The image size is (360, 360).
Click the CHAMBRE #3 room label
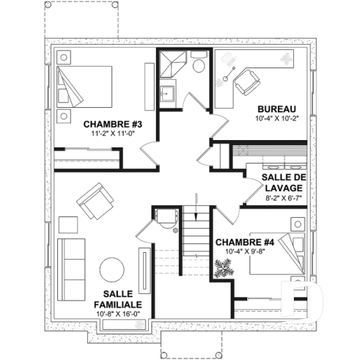tap(111, 124)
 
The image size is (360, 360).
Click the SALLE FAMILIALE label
tap(117, 298)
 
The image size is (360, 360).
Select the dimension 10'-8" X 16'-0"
tap(117, 313)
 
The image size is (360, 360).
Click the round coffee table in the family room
tap(113, 269)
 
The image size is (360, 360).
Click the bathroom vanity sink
tap(168, 95)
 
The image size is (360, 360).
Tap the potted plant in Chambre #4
tap(221, 269)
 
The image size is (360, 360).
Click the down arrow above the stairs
tap(196, 196)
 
